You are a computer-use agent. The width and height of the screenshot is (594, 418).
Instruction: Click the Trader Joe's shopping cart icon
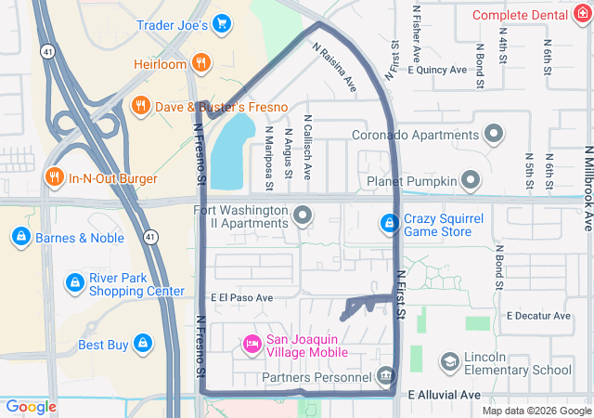(221, 23)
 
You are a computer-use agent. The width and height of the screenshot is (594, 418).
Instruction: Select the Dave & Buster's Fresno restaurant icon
(142, 105)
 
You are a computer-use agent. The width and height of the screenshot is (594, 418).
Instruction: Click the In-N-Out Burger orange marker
(54, 177)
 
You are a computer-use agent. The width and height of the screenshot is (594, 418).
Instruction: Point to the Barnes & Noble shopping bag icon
(19, 237)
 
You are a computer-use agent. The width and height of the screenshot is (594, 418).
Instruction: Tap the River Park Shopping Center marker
(74, 281)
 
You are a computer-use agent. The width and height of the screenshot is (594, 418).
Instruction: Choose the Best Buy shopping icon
(142, 345)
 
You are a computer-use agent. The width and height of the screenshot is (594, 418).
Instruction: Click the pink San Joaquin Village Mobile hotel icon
(252, 345)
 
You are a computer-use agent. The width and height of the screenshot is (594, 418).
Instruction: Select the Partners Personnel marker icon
(386, 376)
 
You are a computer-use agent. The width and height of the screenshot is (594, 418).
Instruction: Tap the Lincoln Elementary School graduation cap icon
(450, 361)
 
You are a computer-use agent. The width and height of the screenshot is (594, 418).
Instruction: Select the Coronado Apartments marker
(495, 133)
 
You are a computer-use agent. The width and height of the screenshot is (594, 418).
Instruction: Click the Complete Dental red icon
(583, 15)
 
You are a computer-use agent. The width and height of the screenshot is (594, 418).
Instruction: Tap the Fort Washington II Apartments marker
(303, 216)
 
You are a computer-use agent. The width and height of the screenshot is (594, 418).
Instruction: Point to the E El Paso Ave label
(242, 298)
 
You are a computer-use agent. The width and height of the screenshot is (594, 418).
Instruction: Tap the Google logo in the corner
(32, 406)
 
